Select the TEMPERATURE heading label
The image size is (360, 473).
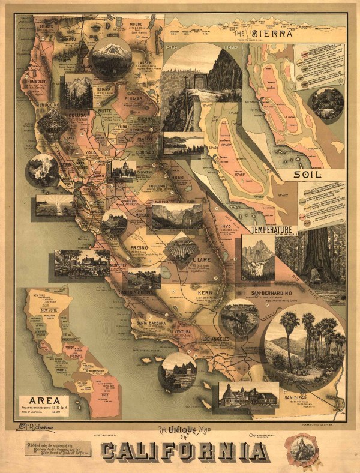(x=271, y=230)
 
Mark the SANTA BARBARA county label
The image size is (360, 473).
(x=150, y=325)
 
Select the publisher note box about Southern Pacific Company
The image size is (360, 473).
(x=58, y=448)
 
